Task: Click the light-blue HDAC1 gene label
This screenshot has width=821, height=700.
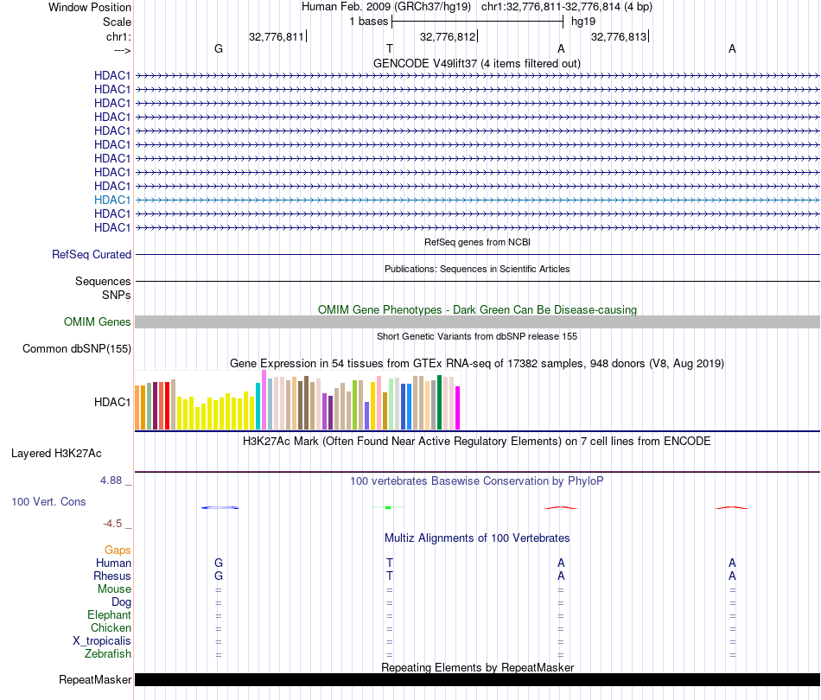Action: coord(112,200)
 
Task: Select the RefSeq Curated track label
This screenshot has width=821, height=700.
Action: coord(92,255)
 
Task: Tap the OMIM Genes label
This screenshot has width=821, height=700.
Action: coord(98,322)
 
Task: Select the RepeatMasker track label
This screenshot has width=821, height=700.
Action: coord(95,681)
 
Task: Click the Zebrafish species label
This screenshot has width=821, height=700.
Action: coord(109,654)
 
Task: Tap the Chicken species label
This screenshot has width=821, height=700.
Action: coord(111,628)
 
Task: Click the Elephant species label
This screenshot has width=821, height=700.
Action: coord(109,615)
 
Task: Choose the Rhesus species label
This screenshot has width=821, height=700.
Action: coord(112,576)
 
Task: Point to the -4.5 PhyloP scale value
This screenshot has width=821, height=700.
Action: coord(116,523)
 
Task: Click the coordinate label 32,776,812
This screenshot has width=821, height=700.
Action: coord(447,37)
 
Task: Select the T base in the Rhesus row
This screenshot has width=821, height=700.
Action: coord(390,576)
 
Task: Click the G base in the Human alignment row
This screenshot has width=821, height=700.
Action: coord(219,563)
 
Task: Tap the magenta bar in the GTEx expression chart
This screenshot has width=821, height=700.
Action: coord(458,408)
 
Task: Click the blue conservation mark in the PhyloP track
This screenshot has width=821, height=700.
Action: coord(220,507)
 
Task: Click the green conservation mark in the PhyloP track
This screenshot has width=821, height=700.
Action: coord(388,507)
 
